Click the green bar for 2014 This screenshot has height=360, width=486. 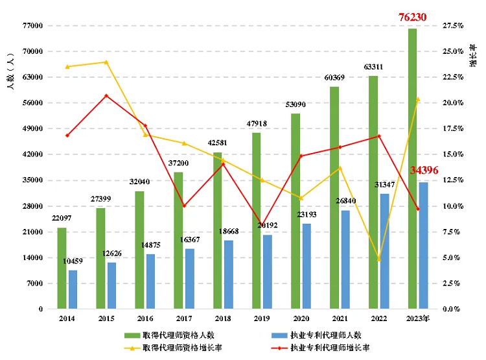click(62, 269)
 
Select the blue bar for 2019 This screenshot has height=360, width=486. click(268, 272)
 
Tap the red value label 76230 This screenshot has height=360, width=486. click(412, 17)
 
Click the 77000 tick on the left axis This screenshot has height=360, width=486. click(32, 26)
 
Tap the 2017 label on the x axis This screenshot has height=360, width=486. click(183, 319)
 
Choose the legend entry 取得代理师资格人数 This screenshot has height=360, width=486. click(178, 335)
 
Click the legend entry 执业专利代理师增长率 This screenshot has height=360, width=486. click(330, 348)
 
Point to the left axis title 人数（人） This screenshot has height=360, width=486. click(11, 72)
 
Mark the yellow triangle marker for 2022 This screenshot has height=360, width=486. click(379, 259)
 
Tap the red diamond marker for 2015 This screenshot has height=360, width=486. click(106, 96)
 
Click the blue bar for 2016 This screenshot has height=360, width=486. click(150, 282)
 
